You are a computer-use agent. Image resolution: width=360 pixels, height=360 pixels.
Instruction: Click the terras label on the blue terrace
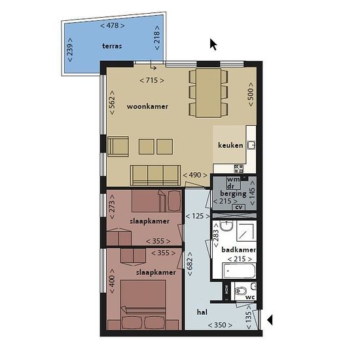[x=112, y=46]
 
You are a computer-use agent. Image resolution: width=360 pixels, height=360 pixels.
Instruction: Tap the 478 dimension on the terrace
[x=113, y=26]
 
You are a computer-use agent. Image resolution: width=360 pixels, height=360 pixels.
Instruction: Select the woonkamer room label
[x=147, y=107]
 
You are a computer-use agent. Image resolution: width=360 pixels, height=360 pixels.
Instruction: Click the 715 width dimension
[x=152, y=81]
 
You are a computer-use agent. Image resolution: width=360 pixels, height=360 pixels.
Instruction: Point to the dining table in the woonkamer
[x=208, y=93]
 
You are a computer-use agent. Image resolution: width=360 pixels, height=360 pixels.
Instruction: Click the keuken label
[x=230, y=145]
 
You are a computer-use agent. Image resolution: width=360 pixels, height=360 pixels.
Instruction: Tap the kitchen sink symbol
[x=251, y=145]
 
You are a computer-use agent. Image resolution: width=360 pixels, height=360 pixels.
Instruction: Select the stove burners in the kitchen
[x=238, y=168]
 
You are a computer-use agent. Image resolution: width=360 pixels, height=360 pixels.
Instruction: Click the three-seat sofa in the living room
[x=155, y=175]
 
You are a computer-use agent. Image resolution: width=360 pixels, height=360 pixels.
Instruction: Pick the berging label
[x=233, y=194]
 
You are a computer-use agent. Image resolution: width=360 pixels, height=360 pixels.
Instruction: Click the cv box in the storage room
[x=239, y=207]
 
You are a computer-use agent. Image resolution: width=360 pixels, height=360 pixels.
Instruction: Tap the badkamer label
[x=239, y=250]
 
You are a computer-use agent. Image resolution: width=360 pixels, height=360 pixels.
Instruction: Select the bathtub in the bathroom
[x=239, y=271]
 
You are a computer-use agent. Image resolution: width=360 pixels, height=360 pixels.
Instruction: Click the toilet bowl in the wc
[x=240, y=291]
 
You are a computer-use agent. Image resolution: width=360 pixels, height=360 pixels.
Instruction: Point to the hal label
[x=202, y=312]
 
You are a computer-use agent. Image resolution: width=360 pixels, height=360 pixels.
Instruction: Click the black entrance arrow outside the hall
[x=270, y=320]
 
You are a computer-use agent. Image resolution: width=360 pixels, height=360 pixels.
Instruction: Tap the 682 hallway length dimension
[x=190, y=264]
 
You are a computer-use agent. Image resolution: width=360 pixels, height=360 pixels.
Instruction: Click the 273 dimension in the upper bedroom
[x=112, y=207]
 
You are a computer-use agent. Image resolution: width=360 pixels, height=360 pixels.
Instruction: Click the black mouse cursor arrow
[x=213, y=45]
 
